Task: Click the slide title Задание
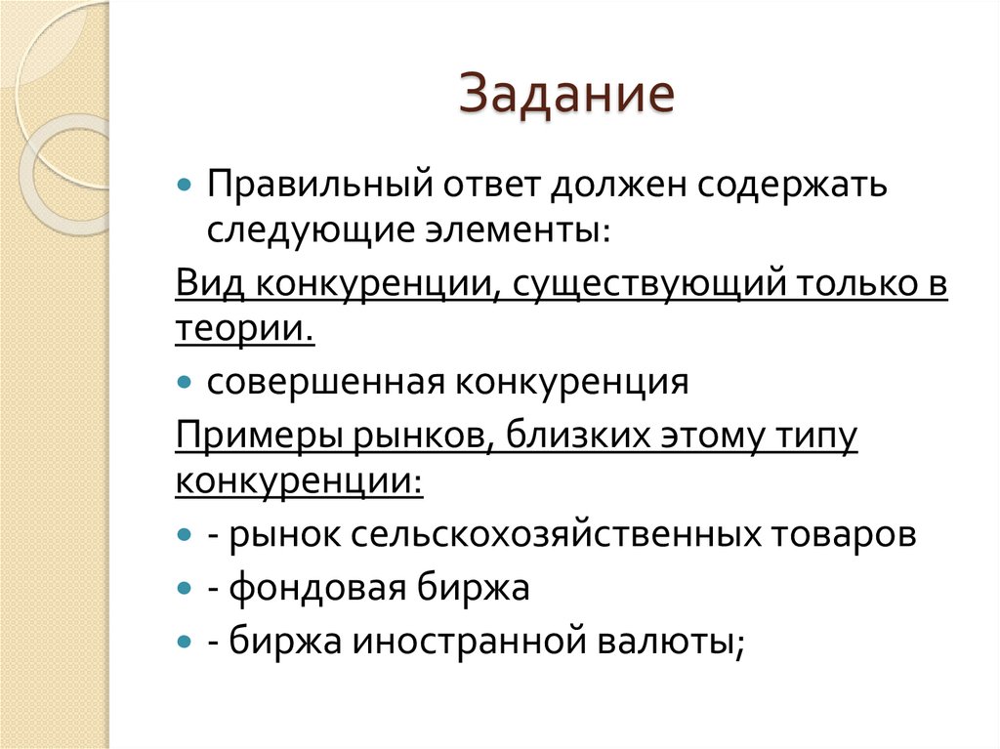pos(566,99)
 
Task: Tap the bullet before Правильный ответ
pos(186,186)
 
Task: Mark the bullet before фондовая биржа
pos(186,588)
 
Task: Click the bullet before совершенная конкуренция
pos(186,382)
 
